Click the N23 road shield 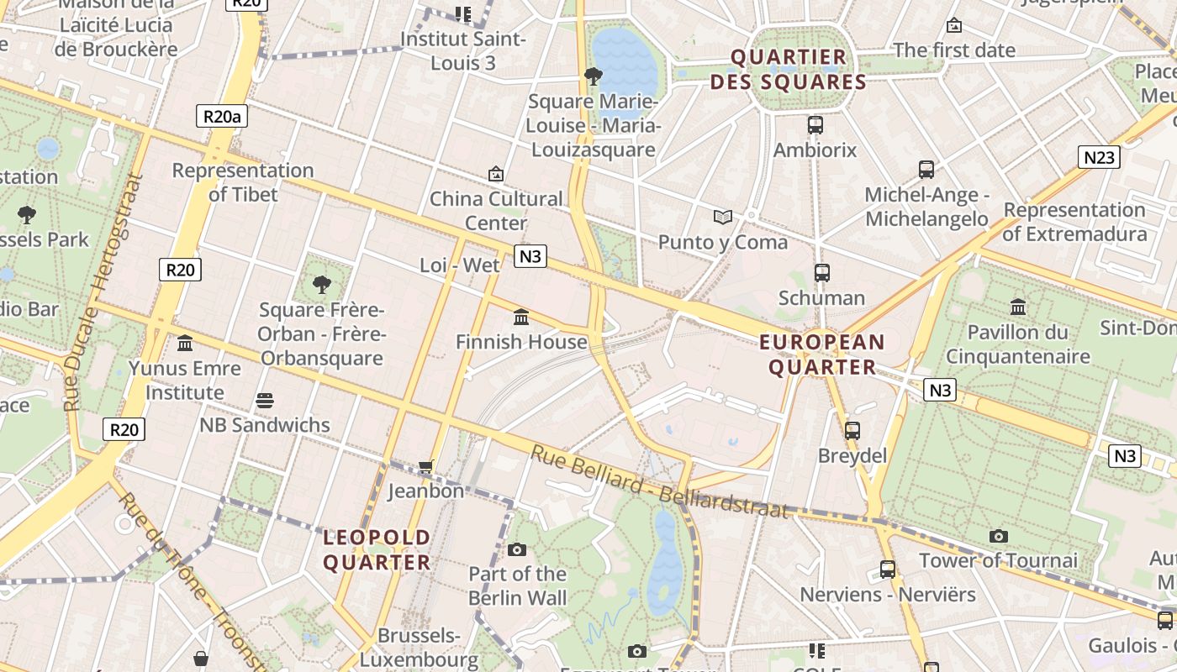point(1099,157)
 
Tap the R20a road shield point(222,116)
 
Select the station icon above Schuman point(822,273)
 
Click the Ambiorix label point(815,150)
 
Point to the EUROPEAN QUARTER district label point(822,354)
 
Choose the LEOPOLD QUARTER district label point(377,549)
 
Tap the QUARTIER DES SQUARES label point(788,70)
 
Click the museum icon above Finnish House point(521,318)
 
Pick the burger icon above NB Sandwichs point(265,401)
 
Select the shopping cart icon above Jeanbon point(426,466)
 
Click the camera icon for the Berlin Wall point(517,550)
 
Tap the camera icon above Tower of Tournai point(999,536)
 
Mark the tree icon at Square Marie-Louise point(594,77)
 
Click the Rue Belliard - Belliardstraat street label point(659,482)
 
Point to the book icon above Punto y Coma point(723,218)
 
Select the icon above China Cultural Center point(496,175)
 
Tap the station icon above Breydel point(852,431)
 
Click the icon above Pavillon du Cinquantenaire point(1018,307)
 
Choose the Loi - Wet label point(460,265)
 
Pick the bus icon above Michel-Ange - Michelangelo point(926,170)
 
